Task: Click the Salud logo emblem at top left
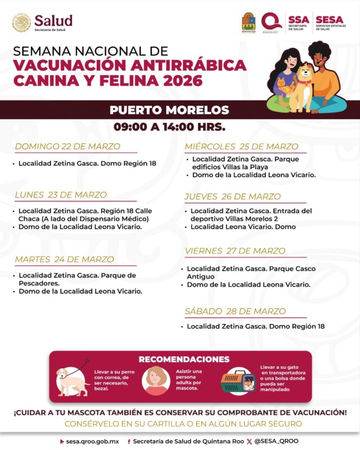point(21,22)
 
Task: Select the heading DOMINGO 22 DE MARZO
point(67,146)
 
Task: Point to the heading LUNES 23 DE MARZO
point(61,195)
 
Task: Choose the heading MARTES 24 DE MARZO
point(64,259)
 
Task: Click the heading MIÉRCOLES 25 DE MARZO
point(242,147)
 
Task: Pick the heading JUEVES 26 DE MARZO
point(232,196)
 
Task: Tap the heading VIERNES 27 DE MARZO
point(235,251)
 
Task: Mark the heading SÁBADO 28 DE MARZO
point(235,311)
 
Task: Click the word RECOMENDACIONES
point(184,359)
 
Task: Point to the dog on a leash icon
point(73,379)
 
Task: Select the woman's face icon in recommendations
point(156,380)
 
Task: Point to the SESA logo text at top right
point(330,20)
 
